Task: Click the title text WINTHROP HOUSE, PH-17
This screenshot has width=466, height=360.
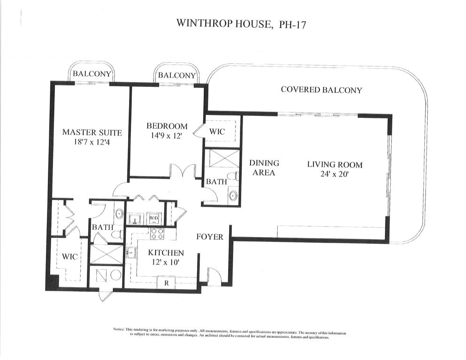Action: [x=241, y=24]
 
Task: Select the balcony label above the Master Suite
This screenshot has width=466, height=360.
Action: [x=92, y=74]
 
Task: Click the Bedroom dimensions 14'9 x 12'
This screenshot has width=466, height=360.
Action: [x=167, y=136]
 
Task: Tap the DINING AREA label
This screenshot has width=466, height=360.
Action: [x=264, y=168]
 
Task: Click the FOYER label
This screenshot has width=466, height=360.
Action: [x=209, y=237]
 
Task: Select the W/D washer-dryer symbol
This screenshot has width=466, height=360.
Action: [x=154, y=219]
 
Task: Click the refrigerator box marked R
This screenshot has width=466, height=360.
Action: [x=166, y=283]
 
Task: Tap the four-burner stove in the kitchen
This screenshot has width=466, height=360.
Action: [x=156, y=233]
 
